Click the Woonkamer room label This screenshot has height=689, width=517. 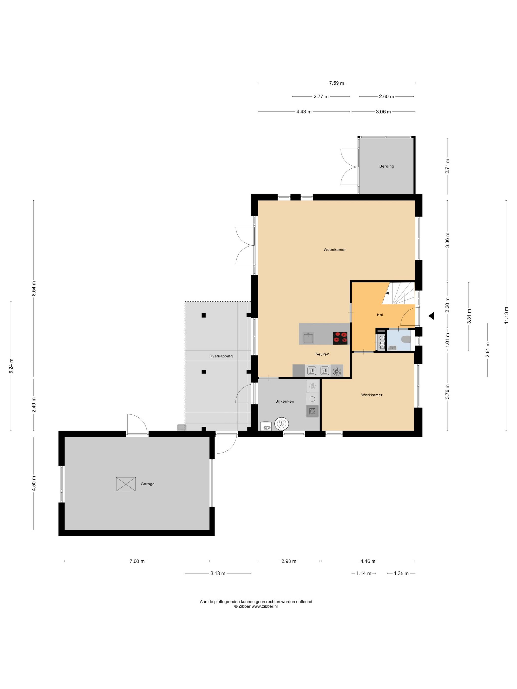click(334, 250)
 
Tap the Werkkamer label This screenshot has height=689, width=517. click(372, 395)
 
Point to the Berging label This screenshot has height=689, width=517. click(387, 166)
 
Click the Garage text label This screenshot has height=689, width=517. click(147, 484)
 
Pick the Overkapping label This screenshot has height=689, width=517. click(221, 356)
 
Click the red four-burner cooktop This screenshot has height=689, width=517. click(340, 338)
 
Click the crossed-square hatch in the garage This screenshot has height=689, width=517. click(126, 484)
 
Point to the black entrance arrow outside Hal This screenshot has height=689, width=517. click(431, 316)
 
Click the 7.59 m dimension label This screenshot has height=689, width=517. click(337, 83)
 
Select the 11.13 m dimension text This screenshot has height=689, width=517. click(506, 315)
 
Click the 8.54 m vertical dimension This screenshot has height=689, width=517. click(34, 289)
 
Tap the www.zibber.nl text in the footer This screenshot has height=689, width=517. click(265, 615)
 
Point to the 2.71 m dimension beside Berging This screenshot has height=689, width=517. click(448, 166)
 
